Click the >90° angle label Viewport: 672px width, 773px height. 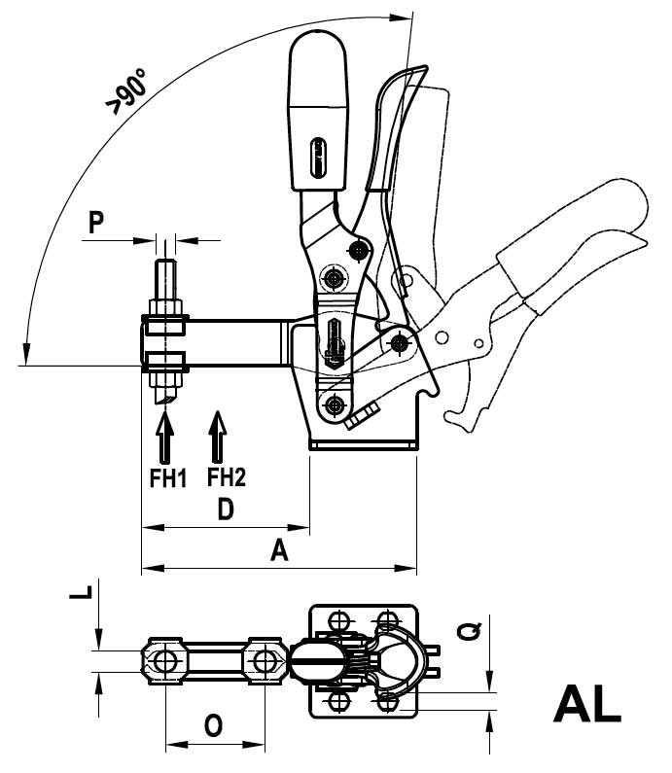[x=127, y=91]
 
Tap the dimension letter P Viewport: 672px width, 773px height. [x=96, y=222]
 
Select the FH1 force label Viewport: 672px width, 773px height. [x=168, y=478]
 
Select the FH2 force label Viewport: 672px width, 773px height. [x=227, y=476]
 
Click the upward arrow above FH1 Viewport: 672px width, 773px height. [x=164, y=435]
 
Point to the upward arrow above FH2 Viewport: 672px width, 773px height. [x=217, y=436]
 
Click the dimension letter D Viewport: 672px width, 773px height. [x=226, y=509]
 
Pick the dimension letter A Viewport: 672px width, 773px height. [x=279, y=550]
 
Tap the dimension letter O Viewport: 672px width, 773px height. [x=213, y=726]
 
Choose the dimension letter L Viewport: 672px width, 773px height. [x=81, y=592]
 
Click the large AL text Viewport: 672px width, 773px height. [x=586, y=704]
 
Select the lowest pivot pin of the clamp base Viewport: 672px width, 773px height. [x=336, y=406]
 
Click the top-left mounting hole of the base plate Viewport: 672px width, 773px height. [x=338, y=620]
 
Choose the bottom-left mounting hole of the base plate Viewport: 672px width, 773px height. [x=338, y=700]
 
